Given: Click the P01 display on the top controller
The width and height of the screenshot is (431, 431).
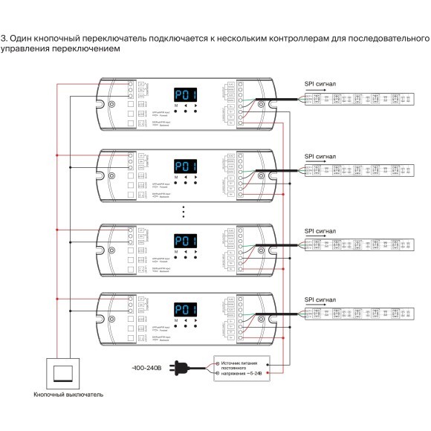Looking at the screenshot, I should pyautogui.click(x=185, y=95).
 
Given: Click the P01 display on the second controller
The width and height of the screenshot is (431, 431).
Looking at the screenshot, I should pyautogui.click(x=185, y=167).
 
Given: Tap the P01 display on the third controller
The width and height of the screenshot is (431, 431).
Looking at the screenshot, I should pyautogui.click(x=185, y=239).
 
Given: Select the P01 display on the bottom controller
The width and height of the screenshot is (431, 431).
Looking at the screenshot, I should pyautogui.click(x=185, y=310).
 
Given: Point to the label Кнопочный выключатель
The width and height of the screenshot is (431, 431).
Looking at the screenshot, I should pyautogui.click(x=63, y=395).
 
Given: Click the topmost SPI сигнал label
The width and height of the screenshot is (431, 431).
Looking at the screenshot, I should pyautogui.click(x=320, y=84).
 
